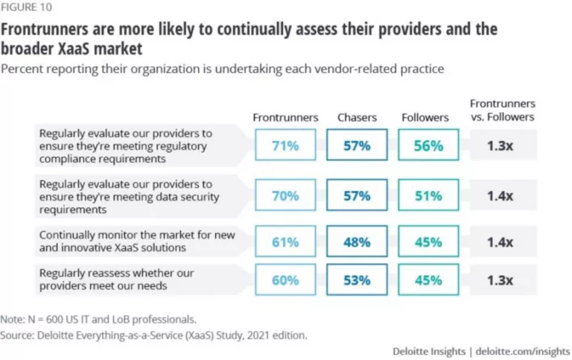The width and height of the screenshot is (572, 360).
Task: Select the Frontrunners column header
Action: [x=285, y=118]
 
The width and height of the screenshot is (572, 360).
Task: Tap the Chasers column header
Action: [x=356, y=118]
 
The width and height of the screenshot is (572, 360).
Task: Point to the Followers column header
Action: [x=426, y=118]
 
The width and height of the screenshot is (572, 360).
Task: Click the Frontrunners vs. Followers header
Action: [x=503, y=110]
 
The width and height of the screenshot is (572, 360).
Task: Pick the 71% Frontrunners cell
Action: [x=285, y=145]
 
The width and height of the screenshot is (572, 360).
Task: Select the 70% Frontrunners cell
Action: [x=285, y=195]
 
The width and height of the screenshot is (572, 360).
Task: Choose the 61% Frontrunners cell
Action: [x=285, y=241]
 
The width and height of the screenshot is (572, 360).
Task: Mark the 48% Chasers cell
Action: [x=356, y=241]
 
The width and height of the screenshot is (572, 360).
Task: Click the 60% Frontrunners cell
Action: [x=285, y=280]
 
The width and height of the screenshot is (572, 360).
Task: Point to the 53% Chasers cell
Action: [x=356, y=280]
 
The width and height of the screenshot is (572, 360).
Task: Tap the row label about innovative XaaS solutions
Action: [x=137, y=241]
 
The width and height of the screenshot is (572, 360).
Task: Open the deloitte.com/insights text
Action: [x=523, y=350]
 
